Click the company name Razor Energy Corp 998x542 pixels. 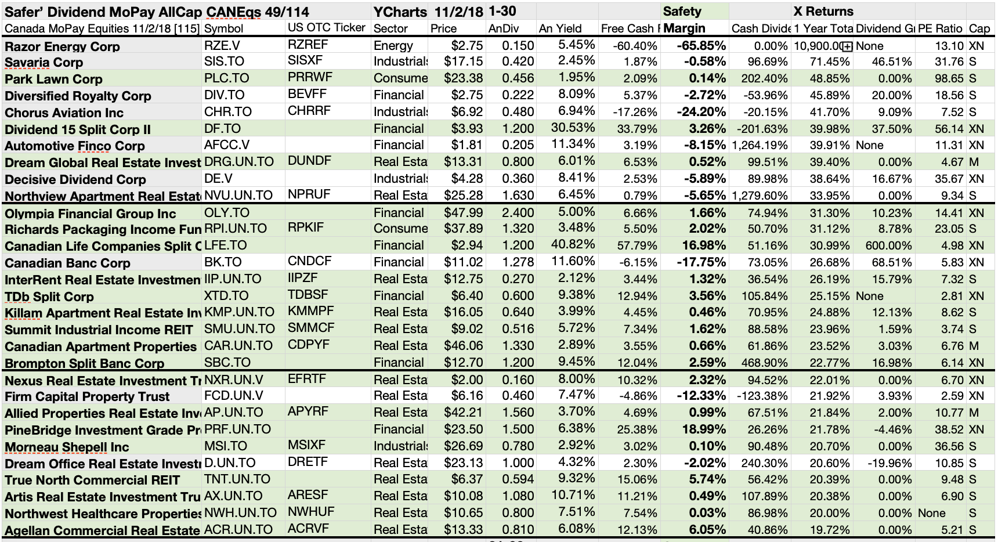point(62,46)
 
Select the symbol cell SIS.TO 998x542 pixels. point(224,62)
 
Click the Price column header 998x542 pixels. point(443,28)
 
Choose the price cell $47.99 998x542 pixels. point(463,212)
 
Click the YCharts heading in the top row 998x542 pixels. point(400,12)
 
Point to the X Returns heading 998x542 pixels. point(823,12)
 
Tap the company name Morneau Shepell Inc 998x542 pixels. point(67,447)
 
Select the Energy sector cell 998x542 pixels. point(393,46)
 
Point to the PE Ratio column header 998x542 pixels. point(940,28)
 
